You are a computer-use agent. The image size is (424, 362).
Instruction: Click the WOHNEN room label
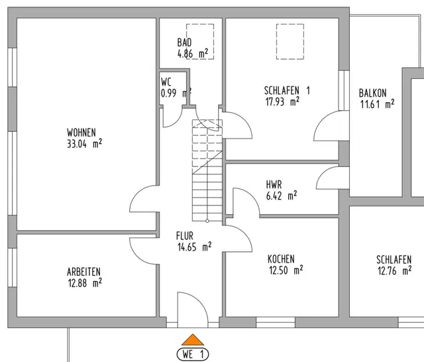(x=81, y=133)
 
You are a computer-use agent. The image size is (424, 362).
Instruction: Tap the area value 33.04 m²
(x=85, y=143)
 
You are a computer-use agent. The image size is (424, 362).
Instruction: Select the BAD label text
(x=184, y=42)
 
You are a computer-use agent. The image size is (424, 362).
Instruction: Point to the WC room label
(x=166, y=82)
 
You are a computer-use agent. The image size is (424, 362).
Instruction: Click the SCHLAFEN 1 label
(x=287, y=91)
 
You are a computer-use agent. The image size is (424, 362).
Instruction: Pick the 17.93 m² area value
(x=282, y=101)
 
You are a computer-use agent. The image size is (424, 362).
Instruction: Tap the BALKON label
(x=372, y=93)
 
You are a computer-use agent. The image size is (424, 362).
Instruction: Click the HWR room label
(x=274, y=185)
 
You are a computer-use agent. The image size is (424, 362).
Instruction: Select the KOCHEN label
(x=281, y=259)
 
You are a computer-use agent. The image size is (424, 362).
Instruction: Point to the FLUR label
(x=185, y=236)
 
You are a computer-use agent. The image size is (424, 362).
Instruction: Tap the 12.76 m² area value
(x=395, y=271)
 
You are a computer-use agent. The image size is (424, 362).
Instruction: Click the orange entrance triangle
(x=193, y=340)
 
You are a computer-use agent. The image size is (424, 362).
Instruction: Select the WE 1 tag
(x=193, y=354)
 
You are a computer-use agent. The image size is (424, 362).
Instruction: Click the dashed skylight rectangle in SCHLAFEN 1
(x=290, y=42)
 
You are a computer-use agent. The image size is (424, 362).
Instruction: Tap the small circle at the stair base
(x=207, y=221)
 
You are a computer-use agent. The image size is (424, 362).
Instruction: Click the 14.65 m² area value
(x=194, y=247)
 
